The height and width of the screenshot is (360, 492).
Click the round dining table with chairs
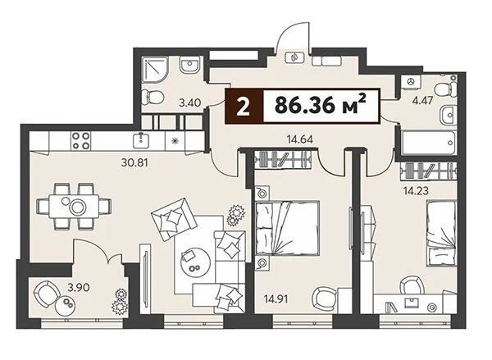(x=79, y=206)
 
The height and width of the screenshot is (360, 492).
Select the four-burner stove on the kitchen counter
(x=82, y=140)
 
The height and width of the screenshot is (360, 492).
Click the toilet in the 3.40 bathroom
(x=151, y=98)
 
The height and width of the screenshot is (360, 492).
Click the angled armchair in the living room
(x=173, y=219)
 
